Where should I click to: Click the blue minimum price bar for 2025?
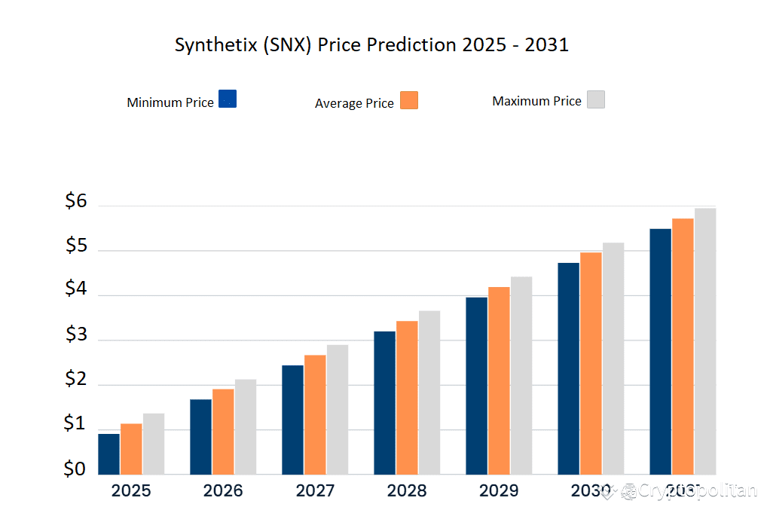108,454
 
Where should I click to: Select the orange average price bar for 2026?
223,431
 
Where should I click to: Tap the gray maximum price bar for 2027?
338,409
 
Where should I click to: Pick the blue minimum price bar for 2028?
384,402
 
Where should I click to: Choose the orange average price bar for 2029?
499,380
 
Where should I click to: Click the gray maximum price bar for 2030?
613,358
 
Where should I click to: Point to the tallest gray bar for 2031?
705,341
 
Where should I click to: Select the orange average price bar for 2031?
683,346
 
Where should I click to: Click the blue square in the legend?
228,99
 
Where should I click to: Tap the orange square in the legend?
409,100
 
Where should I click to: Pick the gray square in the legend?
596,99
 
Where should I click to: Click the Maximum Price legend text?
536,101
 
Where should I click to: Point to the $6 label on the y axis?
76,201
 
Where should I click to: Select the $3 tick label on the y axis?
76,335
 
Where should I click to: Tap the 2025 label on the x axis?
131,491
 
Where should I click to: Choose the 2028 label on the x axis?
407,491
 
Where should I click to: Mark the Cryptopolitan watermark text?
697,491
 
